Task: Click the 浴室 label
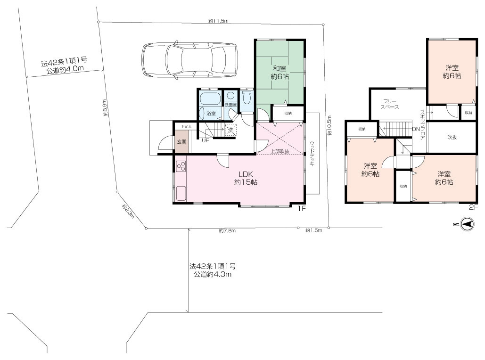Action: (211, 114)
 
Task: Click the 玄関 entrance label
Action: (181, 141)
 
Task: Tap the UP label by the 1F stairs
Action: (206, 140)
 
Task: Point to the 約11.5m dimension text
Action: (218, 21)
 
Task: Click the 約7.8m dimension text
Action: (227, 230)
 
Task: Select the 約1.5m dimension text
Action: (313, 230)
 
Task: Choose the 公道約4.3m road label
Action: (212, 274)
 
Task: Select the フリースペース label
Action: (391, 104)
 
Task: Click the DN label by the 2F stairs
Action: (416, 129)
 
